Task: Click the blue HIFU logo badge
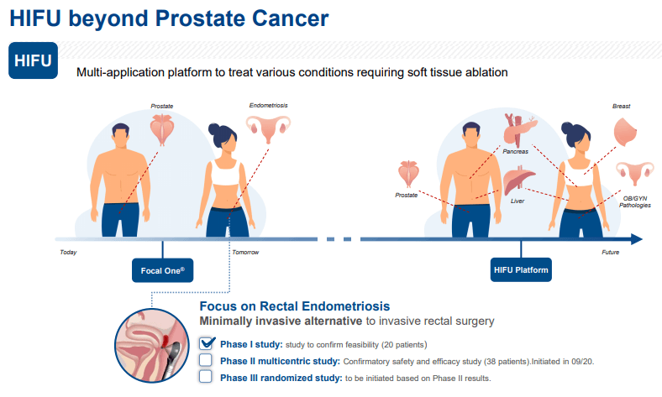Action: point(33,60)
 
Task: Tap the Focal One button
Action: point(162,270)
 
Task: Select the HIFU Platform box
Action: point(521,270)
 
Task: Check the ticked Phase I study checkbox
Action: point(206,343)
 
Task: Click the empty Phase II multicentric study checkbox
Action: point(206,360)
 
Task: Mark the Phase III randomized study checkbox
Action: point(206,376)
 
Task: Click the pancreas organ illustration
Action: point(520,129)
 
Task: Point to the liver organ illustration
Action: point(518,180)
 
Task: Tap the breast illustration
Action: point(625,132)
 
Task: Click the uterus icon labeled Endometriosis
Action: point(269,128)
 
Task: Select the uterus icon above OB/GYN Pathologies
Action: point(635,173)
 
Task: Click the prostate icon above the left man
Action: point(162,129)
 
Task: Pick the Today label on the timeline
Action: point(68,253)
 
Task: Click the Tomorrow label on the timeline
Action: point(245,253)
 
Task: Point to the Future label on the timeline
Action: point(611,253)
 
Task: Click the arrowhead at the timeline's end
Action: point(637,239)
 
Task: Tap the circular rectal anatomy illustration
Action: point(152,346)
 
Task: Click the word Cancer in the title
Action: point(291,18)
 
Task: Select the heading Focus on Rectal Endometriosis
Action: point(295,306)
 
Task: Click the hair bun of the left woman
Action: point(213,128)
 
